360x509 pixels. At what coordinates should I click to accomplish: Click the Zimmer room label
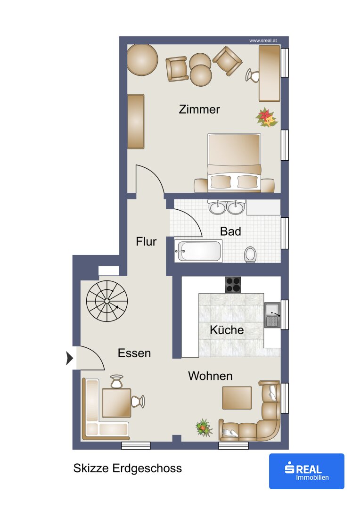pos(199,109)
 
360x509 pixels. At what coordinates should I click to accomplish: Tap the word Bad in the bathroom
pos(230,231)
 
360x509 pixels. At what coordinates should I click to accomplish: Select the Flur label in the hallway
pos(146,241)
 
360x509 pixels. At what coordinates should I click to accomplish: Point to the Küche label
pos(227,330)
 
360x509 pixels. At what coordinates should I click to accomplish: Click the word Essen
pos(134,353)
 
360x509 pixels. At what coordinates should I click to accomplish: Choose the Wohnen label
pos(210,376)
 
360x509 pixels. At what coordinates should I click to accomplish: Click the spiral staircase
pos(107,301)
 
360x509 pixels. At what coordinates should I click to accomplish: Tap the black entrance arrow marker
pos(69,358)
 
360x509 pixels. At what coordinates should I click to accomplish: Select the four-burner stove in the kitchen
pos(233,285)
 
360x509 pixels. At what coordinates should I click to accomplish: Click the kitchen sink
pos(272,315)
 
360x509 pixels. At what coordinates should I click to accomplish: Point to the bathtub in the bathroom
pos(198,251)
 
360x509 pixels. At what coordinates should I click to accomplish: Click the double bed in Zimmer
pos(234,162)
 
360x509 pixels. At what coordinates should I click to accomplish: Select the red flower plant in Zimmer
pos(267,117)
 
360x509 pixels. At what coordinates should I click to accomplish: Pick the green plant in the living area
pos(204,427)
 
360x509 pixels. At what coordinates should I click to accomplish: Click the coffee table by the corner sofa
pos(237,398)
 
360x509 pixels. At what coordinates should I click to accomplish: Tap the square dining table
pos(116,402)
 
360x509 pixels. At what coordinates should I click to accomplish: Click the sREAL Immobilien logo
pos(306,471)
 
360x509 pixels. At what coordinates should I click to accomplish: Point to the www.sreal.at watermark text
pos(263,41)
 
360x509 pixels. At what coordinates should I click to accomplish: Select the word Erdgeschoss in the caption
pos(147,468)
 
